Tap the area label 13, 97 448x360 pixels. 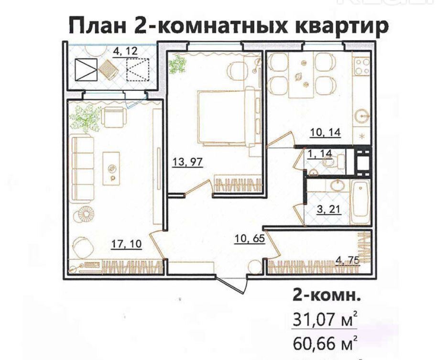pyautogui.click(x=187, y=162)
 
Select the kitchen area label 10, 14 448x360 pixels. pyautogui.click(x=326, y=132)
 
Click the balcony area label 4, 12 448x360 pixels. pyautogui.click(x=125, y=52)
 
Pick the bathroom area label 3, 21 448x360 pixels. pyautogui.click(x=329, y=209)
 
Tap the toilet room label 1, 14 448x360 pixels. pyautogui.click(x=320, y=154)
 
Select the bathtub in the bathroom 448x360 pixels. pyautogui.click(x=361, y=202)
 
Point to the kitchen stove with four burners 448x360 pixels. pyautogui.click(x=361, y=66)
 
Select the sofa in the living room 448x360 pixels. pyautogui.click(x=83, y=170)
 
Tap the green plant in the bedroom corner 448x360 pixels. pyautogui.click(x=177, y=64)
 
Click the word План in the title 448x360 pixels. pyautogui.click(x=98, y=26)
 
